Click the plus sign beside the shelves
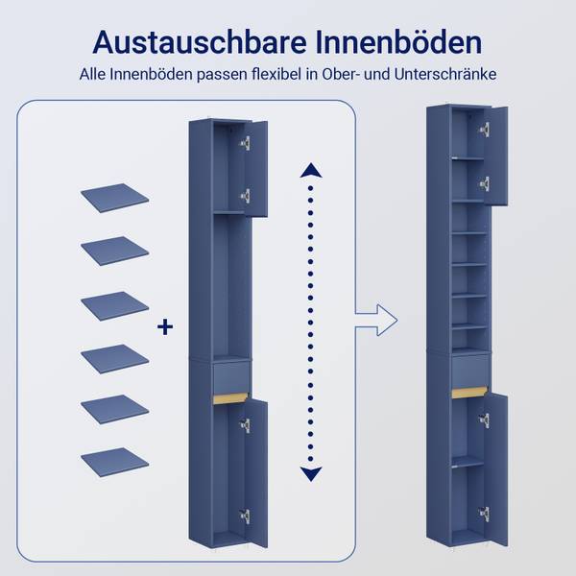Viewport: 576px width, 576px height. tap(165, 328)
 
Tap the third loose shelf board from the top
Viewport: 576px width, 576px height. tap(114, 304)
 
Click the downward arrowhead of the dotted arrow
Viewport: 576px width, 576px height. tap(310, 471)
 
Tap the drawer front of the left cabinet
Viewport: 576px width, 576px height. tap(231, 373)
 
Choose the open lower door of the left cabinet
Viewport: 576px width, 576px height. tap(255, 470)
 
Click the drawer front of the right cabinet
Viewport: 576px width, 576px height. tap(469, 370)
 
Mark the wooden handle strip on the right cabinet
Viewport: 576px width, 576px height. tap(469, 392)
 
